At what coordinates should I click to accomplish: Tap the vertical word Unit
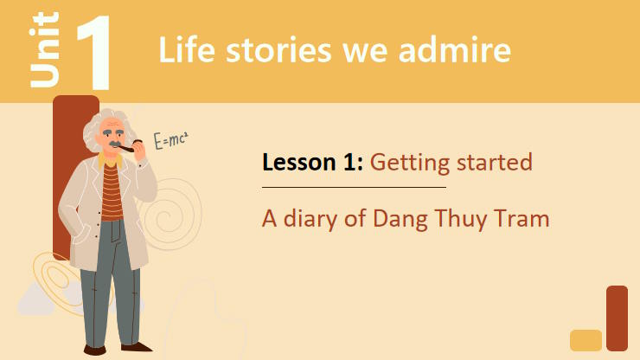(44, 50)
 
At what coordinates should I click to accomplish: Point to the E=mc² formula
(170, 140)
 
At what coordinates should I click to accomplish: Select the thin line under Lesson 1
(354, 187)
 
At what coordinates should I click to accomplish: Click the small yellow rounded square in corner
(586, 340)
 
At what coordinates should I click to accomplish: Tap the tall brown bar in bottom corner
(617, 318)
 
